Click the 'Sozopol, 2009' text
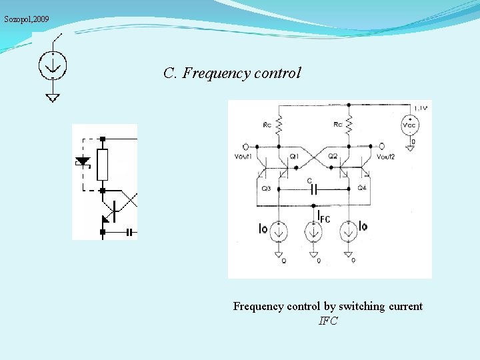tap(27, 19)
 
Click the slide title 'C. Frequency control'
tap(232, 73)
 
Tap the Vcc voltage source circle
tap(410, 125)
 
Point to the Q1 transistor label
tap(294, 156)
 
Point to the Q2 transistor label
tap(333, 156)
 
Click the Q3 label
tap(266, 189)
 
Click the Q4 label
tap(362, 189)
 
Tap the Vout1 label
tap(244, 157)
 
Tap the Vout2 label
tap(385, 157)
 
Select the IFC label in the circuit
tap(324, 218)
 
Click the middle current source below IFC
tap(313, 232)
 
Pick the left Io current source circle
tap(279, 232)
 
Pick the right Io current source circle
tap(348, 232)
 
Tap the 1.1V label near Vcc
tap(421, 107)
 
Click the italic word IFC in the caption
tap(328, 321)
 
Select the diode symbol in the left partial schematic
tap(83, 162)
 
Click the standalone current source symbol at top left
tap(52, 65)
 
